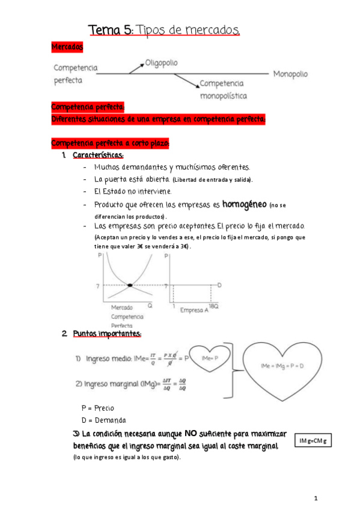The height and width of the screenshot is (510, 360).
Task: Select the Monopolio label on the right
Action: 290,74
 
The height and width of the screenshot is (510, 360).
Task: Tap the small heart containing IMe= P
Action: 209,359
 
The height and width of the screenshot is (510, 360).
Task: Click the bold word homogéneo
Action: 244,204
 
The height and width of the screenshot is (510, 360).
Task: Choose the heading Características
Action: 98,156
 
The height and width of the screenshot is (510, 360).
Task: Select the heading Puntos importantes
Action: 107,333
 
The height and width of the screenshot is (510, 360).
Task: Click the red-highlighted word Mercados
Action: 67,46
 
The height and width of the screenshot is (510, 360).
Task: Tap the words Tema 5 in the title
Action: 111,29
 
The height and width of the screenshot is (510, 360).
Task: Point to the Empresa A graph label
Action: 195,310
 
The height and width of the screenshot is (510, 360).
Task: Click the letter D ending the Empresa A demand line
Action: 220,284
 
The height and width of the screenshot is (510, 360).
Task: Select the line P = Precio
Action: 97,408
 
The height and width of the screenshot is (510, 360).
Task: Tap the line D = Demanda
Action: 103,420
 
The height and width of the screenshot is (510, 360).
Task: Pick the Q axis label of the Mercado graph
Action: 150,305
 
